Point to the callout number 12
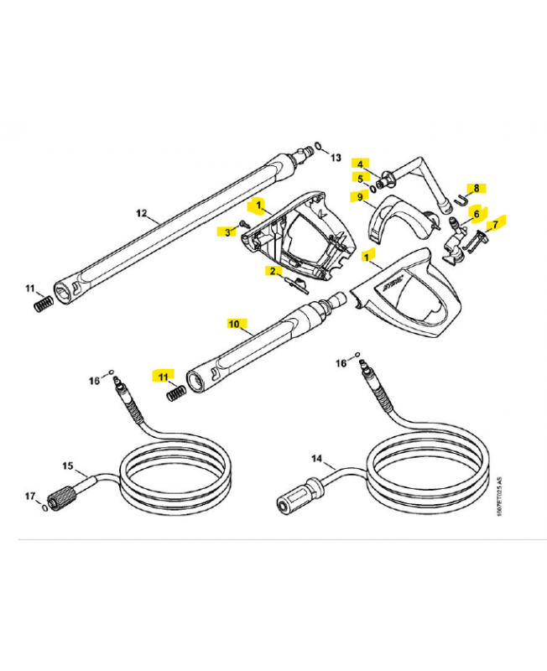pyautogui.click(x=141, y=212)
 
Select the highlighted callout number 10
pyautogui.click(x=234, y=322)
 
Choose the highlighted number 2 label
pyautogui.click(x=272, y=271)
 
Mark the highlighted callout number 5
pyautogui.click(x=360, y=179)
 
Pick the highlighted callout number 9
pyautogui.click(x=360, y=197)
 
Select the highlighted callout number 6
pyautogui.click(x=477, y=214)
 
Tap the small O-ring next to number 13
pyautogui.click(x=318, y=145)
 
